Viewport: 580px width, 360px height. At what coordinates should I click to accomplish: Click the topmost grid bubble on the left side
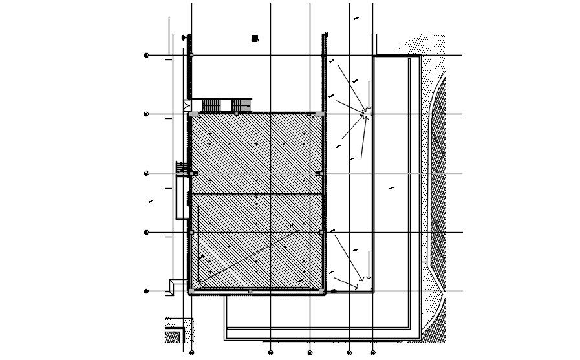146,56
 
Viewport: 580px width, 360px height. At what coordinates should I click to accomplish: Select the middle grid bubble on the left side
146,173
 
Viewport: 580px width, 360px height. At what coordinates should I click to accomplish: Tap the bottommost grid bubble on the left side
146,291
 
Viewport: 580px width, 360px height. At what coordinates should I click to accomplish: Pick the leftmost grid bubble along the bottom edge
191,353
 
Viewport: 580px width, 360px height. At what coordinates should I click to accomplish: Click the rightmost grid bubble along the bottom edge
372,353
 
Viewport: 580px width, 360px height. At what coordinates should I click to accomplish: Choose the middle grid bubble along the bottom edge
310,353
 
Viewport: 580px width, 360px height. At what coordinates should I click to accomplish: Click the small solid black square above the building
255,39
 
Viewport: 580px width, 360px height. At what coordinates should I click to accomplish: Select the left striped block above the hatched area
211,105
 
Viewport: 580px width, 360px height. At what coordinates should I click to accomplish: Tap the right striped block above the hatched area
241,105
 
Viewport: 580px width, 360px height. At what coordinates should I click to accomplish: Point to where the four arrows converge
366,114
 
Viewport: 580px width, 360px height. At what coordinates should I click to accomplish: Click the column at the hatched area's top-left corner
191,114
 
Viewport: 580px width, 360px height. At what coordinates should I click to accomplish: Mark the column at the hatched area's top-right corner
321,114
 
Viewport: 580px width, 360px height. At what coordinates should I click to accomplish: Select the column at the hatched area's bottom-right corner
322,291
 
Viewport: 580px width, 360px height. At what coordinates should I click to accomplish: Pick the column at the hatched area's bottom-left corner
191,291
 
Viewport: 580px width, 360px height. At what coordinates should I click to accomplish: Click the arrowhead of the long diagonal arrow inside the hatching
199,284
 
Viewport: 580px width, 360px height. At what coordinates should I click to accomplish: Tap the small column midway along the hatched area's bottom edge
250,291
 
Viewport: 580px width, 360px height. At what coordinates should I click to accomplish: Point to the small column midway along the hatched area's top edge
236,114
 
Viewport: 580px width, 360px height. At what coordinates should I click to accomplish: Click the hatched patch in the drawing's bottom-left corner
173,337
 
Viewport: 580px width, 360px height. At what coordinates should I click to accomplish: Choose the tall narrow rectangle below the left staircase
181,198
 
